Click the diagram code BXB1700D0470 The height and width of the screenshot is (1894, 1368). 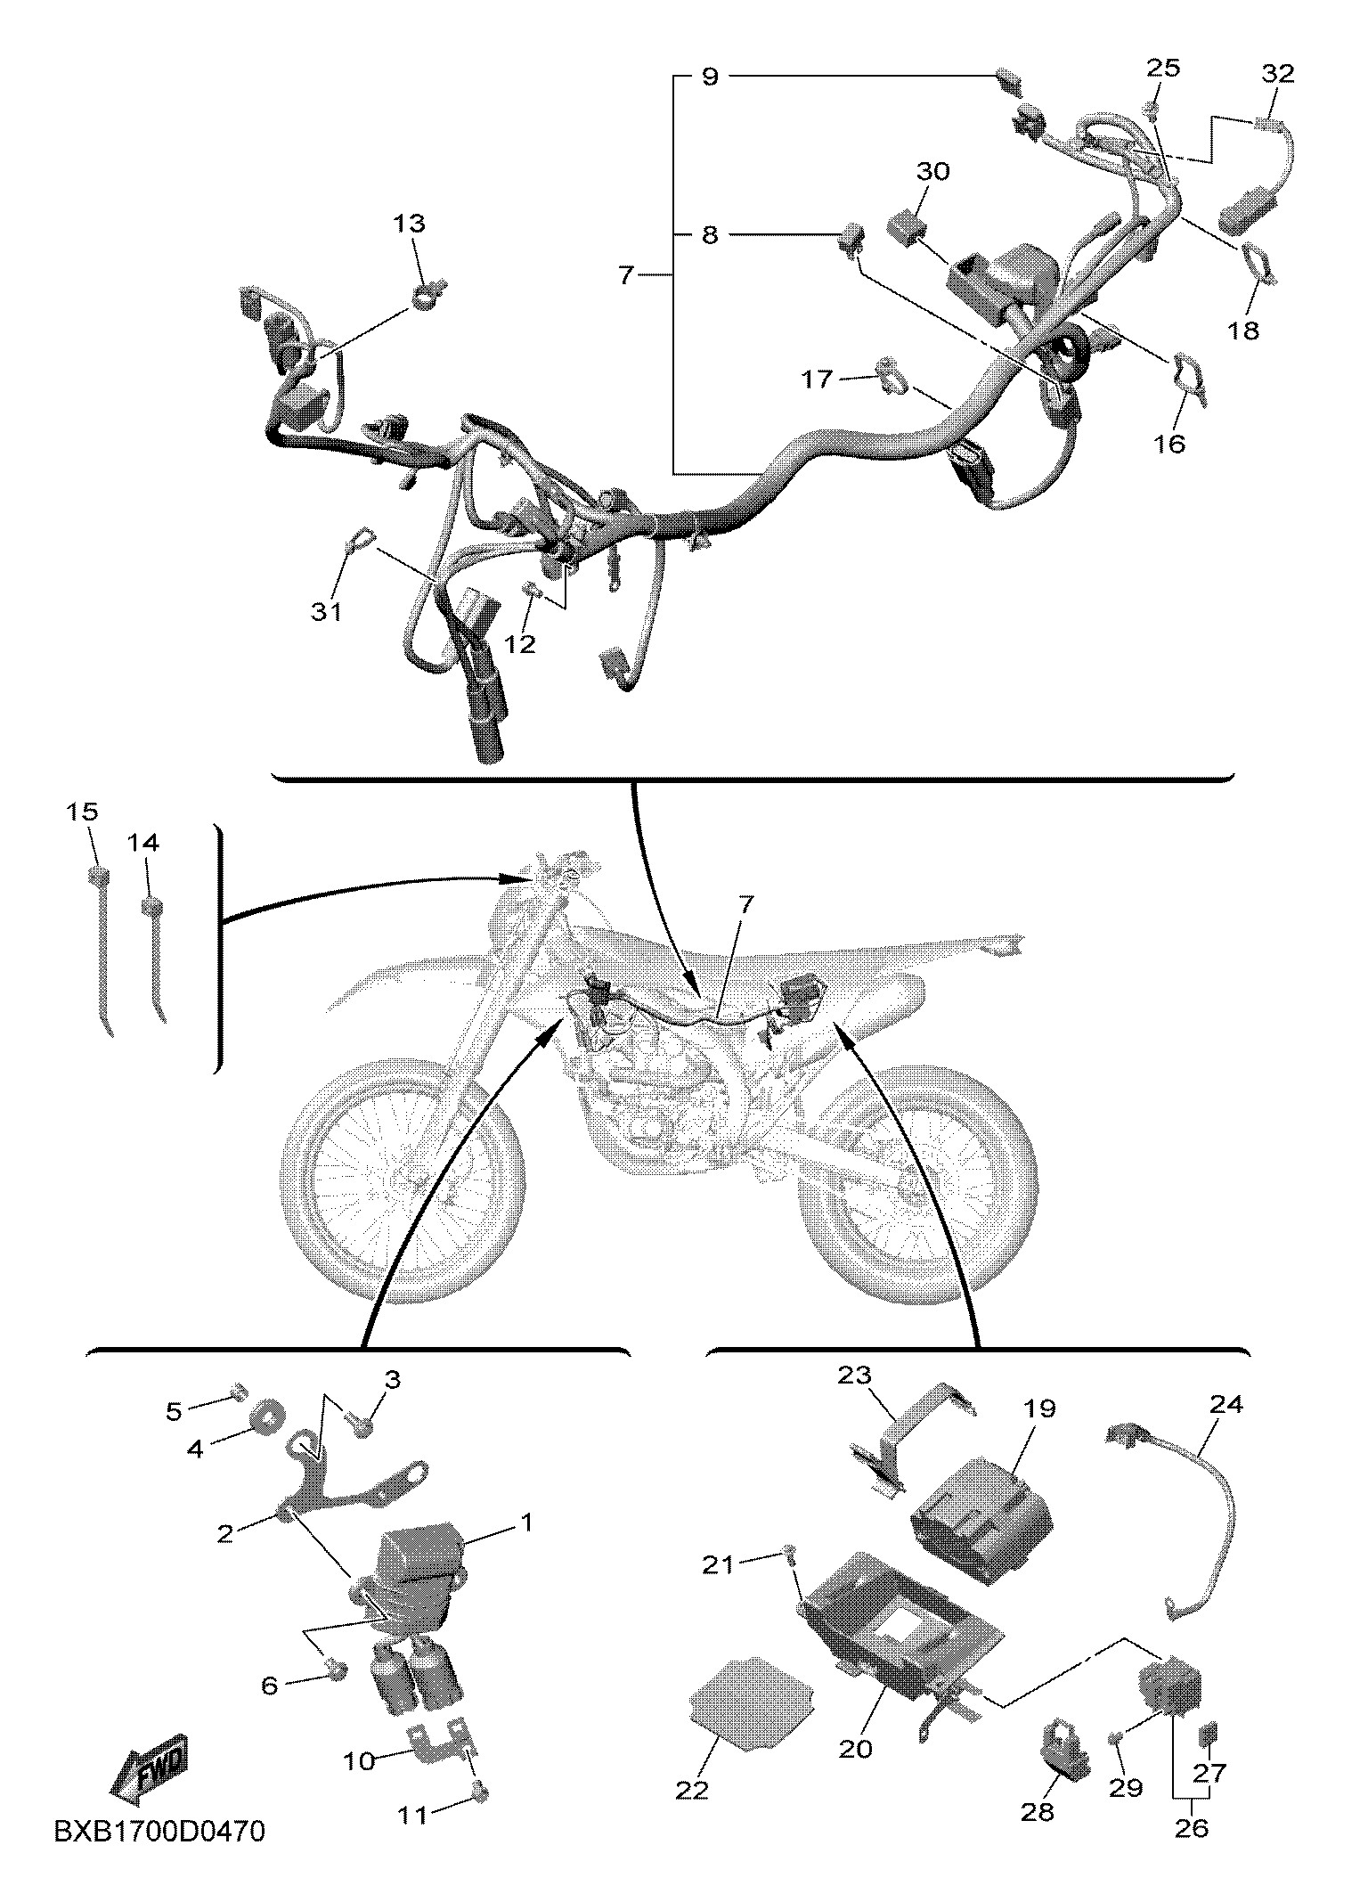pyautogui.click(x=159, y=1854)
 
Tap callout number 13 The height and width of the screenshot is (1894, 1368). pyautogui.click(x=411, y=223)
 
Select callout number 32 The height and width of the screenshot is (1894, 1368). pyautogui.click(x=1278, y=74)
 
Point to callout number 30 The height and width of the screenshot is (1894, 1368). pyautogui.click(x=933, y=171)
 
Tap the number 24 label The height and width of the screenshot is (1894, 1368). pyautogui.click(x=1226, y=1405)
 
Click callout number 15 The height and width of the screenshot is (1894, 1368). pyautogui.click(x=82, y=812)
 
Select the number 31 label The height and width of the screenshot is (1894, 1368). pyautogui.click(x=327, y=612)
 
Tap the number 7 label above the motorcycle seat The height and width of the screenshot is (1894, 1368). pyautogui.click(x=746, y=905)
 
